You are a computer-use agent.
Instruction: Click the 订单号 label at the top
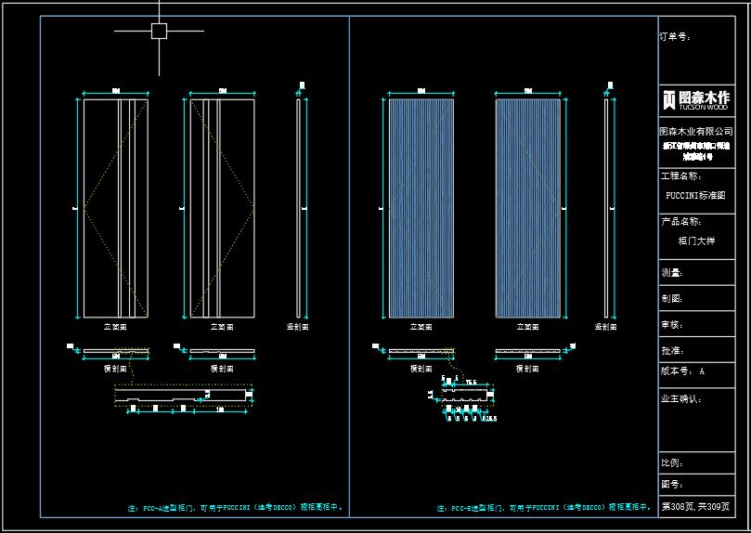click(x=675, y=37)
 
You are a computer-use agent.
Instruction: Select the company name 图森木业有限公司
click(x=695, y=132)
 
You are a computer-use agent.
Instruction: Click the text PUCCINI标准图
click(x=695, y=196)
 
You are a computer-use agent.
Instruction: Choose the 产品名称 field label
click(x=680, y=222)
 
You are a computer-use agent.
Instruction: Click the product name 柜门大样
click(x=696, y=240)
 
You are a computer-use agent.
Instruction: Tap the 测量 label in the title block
click(x=672, y=273)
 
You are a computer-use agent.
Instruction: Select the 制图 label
click(x=672, y=299)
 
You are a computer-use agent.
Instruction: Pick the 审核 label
click(x=672, y=325)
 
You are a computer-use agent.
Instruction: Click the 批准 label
click(x=672, y=351)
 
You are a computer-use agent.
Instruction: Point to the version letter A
click(x=702, y=371)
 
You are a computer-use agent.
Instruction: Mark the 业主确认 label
click(x=680, y=398)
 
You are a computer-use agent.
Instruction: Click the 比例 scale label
click(x=672, y=462)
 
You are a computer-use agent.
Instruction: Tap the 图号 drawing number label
click(x=672, y=485)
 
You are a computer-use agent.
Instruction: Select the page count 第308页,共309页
click(x=695, y=508)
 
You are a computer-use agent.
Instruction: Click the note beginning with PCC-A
click(x=236, y=508)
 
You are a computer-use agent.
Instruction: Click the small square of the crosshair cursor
click(x=159, y=31)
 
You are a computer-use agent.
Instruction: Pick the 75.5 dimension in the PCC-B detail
click(x=471, y=383)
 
